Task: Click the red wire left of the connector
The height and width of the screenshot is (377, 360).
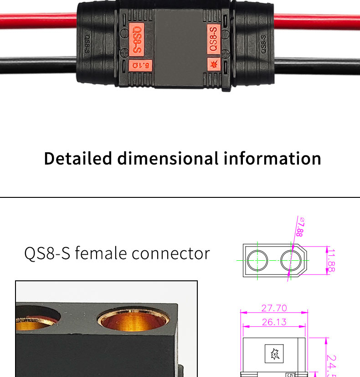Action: coord(39,21)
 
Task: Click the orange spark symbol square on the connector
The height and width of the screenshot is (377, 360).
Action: coord(214,64)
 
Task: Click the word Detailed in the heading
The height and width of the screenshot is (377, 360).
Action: coord(78,159)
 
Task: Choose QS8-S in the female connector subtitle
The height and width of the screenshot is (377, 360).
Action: coord(47,253)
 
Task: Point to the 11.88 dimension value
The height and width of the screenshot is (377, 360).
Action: coord(331,261)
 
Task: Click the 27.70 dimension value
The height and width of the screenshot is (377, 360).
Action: coord(274,309)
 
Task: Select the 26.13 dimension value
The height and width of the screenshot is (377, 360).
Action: coord(274,322)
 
